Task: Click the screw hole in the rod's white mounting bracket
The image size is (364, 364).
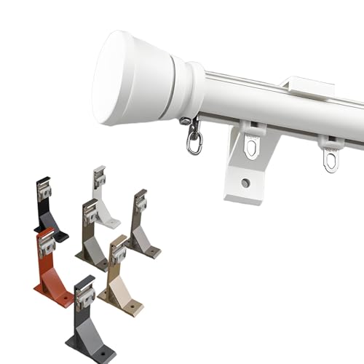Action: coord(245,183)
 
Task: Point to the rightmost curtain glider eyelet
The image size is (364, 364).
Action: coord(331,157)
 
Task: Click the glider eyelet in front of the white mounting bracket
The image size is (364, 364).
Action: coord(251,146)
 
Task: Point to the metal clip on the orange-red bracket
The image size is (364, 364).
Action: coord(47,245)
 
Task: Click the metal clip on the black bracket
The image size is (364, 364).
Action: coord(44,191)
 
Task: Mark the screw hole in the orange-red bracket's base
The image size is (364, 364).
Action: coord(64,297)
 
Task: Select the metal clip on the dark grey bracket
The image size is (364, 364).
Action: coord(85,297)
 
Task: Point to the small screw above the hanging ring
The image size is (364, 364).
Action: coord(188,122)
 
